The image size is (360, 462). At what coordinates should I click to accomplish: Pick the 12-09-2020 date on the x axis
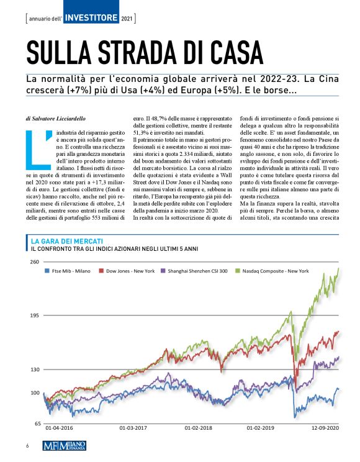pos(323,428)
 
